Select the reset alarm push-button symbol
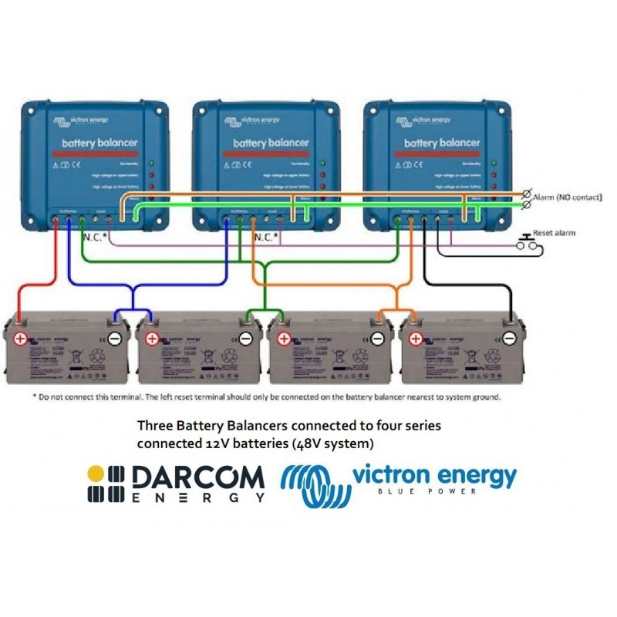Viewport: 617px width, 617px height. [x=529, y=243]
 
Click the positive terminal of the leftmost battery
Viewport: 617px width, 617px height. [x=19, y=338]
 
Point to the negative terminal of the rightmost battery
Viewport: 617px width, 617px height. [x=509, y=338]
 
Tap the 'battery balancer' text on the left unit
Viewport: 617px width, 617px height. [x=99, y=143]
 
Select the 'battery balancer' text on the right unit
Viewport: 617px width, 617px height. [x=442, y=143]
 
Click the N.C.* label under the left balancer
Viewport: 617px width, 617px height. [x=93, y=238]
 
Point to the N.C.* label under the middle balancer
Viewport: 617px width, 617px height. [x=265, y=238]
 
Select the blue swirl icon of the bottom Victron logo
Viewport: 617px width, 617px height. [x=312, y=484]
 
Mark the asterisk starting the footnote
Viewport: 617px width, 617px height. [x=34, y=397]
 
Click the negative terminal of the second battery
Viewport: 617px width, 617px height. [x=245, y=338]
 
